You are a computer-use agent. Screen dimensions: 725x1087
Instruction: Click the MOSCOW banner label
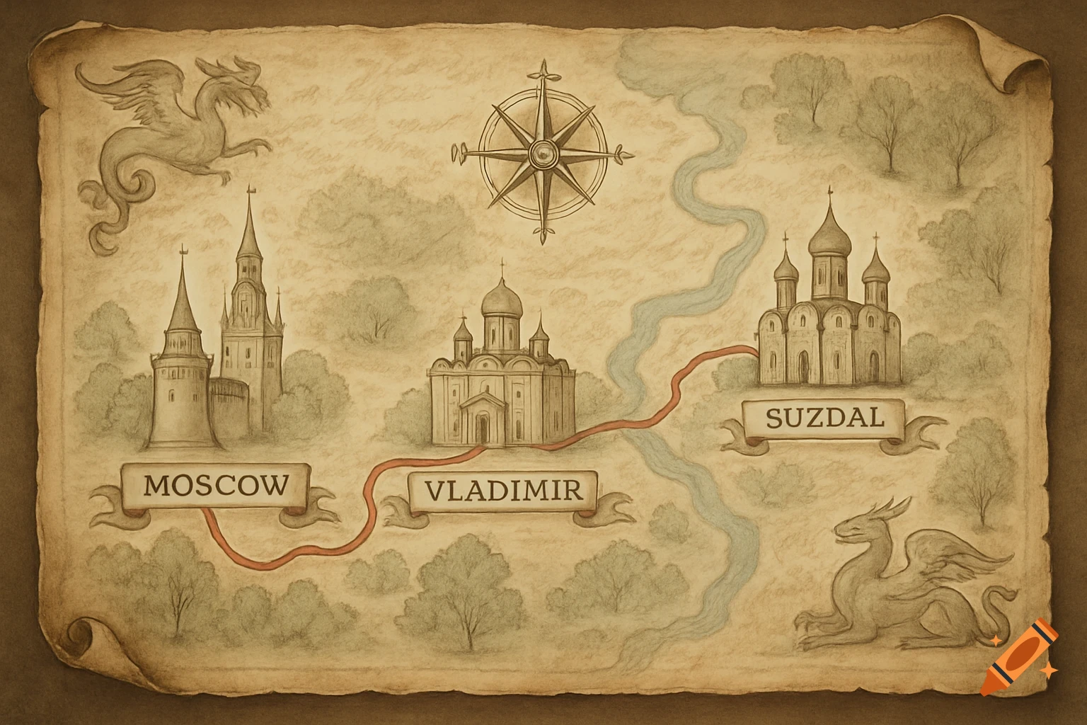point(217,486)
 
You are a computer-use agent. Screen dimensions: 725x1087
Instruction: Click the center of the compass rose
point(543,150)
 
